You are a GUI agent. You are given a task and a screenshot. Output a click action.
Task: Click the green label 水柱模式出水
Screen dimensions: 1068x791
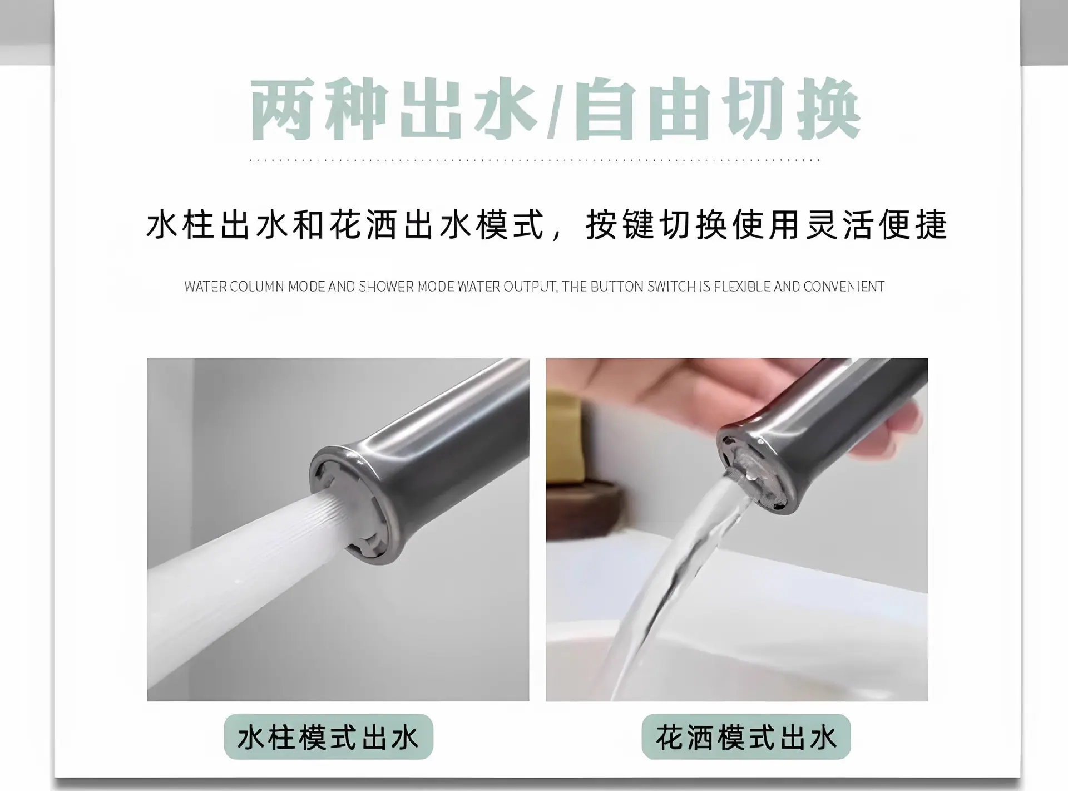328,737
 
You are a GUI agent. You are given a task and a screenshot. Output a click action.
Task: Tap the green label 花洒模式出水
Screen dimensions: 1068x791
746,737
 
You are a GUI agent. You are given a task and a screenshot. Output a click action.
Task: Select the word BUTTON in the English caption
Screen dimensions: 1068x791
617,287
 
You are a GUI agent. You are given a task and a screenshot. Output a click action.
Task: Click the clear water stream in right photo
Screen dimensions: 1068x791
684,573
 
